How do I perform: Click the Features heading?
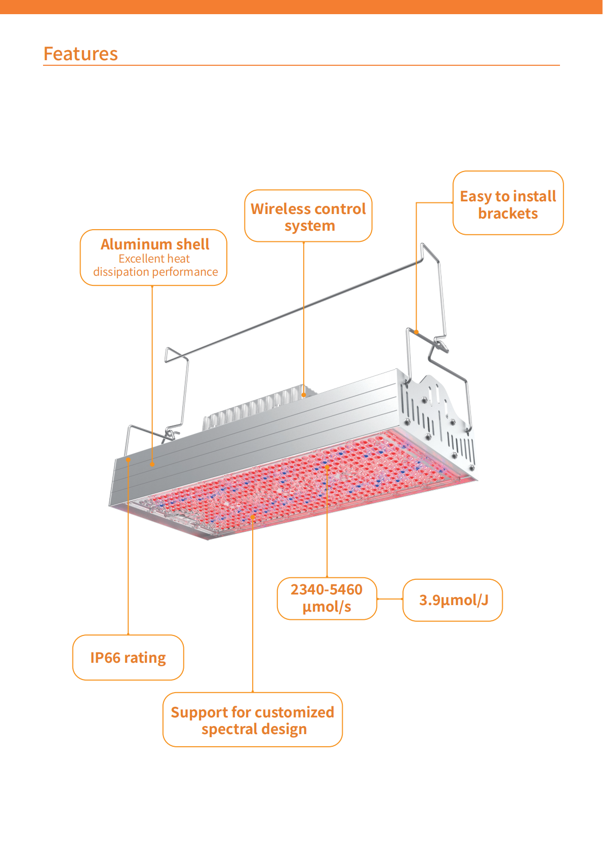click(x=81, y=54)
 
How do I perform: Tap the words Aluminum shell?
click(x=155, y=244)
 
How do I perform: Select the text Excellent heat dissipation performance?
click(x=155, y=266)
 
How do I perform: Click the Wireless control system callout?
click(x=308, y=216)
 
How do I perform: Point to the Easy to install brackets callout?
click(x=508, y=203)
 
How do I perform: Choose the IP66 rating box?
click(x=128, y=657)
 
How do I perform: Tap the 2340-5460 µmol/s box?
click(x=327, y=599)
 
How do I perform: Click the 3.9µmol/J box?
click(x=453, y=600)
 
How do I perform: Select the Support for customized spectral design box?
click(x=253, y=719)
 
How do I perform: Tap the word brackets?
click(x=508, y=214)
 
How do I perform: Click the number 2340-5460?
click(x=327, y=589)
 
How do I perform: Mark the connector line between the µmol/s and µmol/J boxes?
click(x=390, y=599)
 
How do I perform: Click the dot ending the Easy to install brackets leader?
click(x=417, y=332)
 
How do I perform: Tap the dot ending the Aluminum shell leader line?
click(x=152, y=463)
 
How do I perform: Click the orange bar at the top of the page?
click(x=301, y=7)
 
